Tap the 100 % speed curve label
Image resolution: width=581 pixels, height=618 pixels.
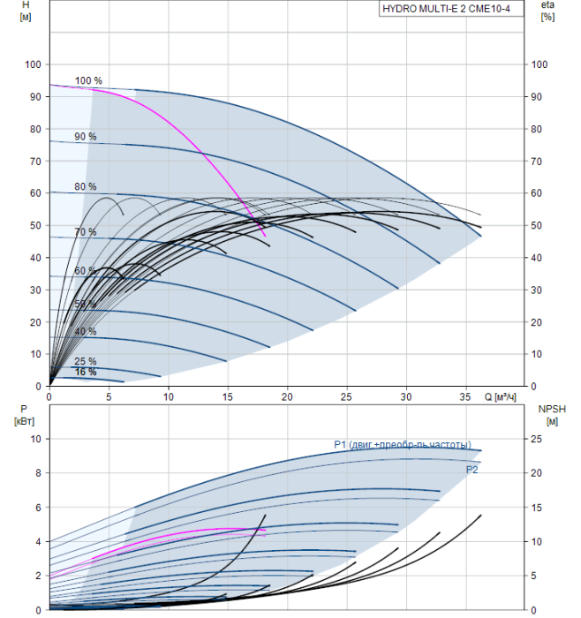coord(88,81)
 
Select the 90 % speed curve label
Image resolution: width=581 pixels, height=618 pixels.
coord(86,137)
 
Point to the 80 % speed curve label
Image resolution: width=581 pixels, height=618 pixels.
coord(86,186)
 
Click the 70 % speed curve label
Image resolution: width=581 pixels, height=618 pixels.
coord(86,232)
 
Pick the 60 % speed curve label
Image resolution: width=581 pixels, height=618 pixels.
coord(85,271)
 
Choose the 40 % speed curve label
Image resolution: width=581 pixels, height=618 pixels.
coord(86,331)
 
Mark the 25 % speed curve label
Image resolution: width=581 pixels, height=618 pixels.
coord(86,362)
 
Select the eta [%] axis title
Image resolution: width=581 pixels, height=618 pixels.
coord(547,11)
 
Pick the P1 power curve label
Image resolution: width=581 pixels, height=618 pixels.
coord(402,444)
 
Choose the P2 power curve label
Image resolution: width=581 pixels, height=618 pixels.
coord(472,470)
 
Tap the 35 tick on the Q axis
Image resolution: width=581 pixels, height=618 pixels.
coord(465,397)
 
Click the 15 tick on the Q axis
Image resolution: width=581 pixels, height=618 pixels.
coord(228,397)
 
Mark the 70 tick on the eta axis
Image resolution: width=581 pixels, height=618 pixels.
coord(539,161)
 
